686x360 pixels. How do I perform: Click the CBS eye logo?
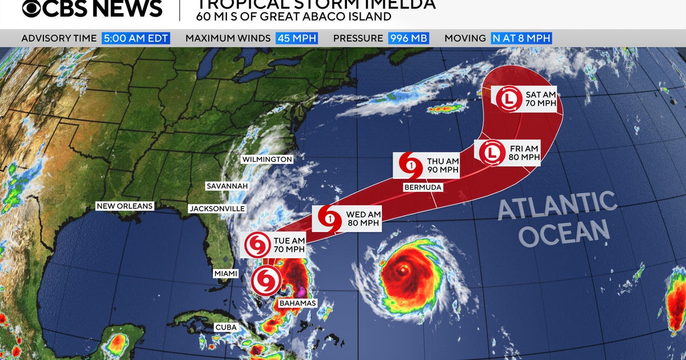(x=33, y=8)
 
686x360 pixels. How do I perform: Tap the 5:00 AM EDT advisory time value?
(x=136, y=38)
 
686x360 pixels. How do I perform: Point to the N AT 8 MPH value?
(x=521, y=38)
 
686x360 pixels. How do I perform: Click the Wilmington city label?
(x=266, y=159)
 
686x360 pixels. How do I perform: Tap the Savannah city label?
(x=227, y=186)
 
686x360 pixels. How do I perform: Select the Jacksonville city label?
(x=217, y=209)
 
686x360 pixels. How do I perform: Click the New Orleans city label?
(x=125, y=206)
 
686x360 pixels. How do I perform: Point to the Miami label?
(x=226, y=274)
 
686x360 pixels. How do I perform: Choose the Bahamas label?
(x=297, y=303)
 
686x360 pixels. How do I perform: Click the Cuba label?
(x=226, y=327)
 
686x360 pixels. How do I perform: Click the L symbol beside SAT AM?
(x=508, y=99)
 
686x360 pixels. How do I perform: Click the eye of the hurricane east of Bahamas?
(x=404, y=269)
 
